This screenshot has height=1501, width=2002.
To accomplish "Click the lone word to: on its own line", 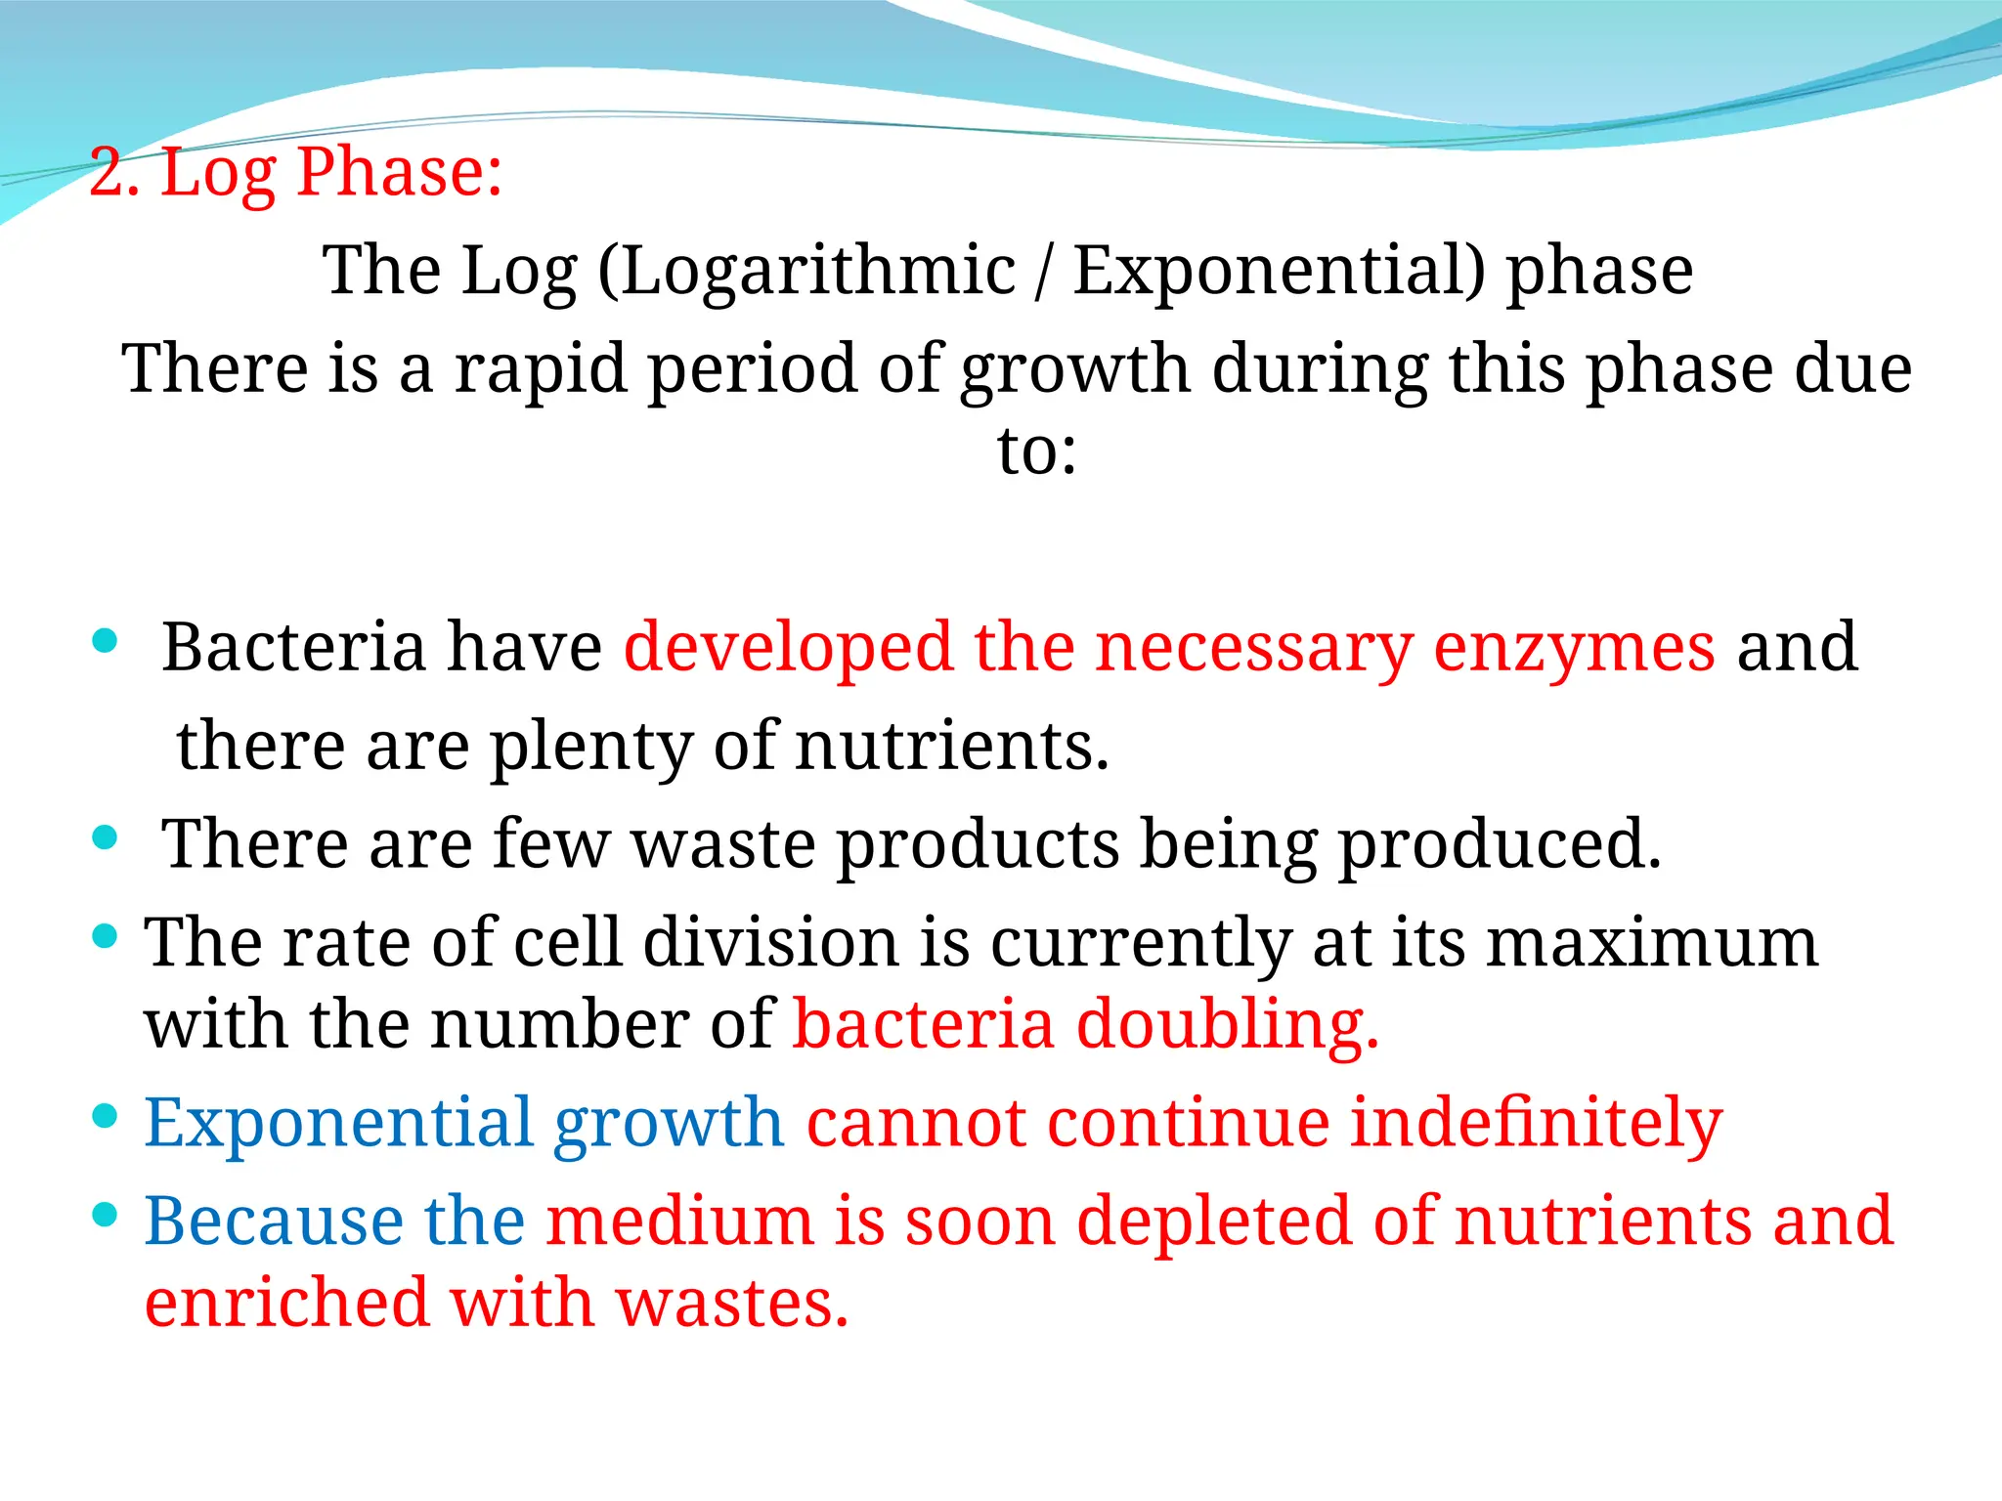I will [1036, 451].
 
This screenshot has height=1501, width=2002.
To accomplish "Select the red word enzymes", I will [1574, 649].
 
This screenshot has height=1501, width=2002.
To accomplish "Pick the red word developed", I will [788, 647].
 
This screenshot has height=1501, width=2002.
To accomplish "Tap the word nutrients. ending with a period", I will [952, 747].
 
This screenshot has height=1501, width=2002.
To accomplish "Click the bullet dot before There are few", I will [105, 837].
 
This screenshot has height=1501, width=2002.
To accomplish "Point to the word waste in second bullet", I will [723, 844].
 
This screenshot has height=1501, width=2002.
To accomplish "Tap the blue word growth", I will [669, 1124].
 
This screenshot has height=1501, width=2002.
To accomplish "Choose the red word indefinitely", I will [1535, 1124].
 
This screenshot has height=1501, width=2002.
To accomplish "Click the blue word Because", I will [274, 1222].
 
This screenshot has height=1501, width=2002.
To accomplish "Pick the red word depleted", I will [1213, 1223].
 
